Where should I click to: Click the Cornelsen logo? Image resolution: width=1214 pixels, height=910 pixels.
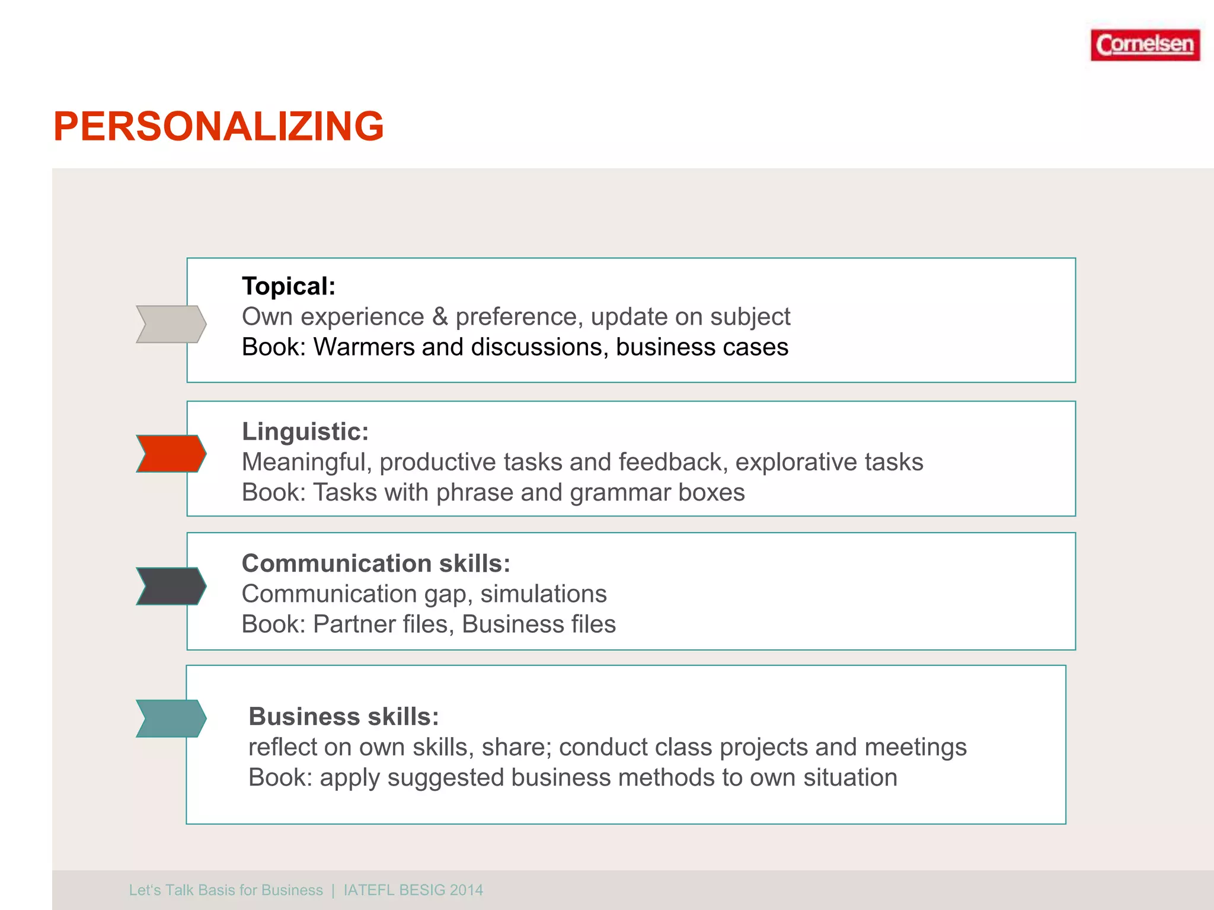point(1145,45)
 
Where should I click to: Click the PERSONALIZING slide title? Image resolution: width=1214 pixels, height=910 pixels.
point(219,127)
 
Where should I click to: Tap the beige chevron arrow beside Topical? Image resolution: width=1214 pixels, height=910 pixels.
point(171,324)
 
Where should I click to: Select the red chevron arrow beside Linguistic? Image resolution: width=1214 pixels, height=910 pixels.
point(171,454)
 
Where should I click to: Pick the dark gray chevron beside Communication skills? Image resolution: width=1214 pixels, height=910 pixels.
point(171,586)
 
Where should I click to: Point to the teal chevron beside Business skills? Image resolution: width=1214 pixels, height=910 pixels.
point(171,718)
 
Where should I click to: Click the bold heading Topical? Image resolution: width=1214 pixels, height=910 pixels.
point(289,286)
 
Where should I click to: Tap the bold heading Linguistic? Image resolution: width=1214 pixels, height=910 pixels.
point(305,431)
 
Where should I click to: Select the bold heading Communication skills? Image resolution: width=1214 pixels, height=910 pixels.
point(376,563)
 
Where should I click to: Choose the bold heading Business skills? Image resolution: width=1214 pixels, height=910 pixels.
point(344,717)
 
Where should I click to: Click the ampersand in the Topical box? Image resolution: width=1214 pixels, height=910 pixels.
point(440,317)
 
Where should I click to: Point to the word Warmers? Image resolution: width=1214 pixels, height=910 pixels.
point(363,347)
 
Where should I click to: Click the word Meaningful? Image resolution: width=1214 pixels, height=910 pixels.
point(306,462)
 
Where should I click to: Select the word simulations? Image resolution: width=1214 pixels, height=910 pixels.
point(544,594)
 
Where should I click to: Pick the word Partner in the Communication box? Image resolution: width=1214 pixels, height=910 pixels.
point(350,624)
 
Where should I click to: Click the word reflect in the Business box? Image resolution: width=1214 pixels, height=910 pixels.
point(282,748)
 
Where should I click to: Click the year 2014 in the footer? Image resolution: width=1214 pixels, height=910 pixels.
point(467,890)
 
